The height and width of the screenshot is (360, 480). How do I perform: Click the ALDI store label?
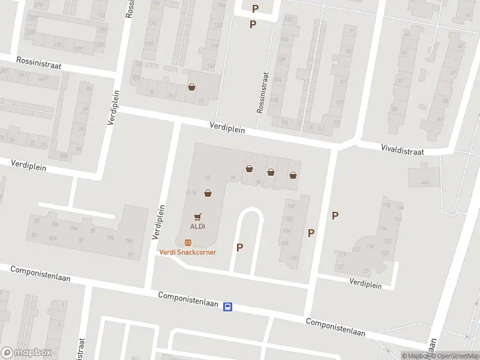(197, 226)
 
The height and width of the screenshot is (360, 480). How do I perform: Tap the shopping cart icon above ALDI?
(197, 216)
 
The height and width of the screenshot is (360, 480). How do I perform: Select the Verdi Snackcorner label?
(187, 252)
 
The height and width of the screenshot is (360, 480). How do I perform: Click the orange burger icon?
(188, 242)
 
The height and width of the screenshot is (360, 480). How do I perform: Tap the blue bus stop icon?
(228, 307)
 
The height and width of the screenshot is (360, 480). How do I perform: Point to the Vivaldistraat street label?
(402, 150)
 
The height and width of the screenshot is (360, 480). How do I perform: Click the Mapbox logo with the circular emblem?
(26, 353)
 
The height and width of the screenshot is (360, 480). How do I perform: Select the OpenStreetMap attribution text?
(454, 356)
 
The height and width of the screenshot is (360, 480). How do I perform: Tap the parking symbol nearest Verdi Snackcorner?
(240, 247)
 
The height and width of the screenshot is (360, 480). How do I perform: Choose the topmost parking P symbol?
(255, 8)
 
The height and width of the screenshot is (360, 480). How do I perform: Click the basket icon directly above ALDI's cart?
(208, 193)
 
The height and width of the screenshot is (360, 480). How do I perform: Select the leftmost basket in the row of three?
(249, 169)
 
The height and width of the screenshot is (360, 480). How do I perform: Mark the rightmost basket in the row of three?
(293, 175)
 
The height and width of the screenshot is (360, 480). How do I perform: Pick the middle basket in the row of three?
(271, 172)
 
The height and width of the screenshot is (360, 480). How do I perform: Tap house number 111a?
(191, 192)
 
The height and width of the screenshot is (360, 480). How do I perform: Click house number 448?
(425, 182)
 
